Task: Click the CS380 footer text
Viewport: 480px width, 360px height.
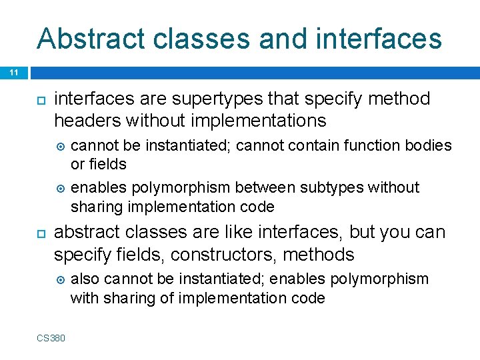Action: pos(51,338)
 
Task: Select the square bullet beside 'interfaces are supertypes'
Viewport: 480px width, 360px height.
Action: pos(40,100)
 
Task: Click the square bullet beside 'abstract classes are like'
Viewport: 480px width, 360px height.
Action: pos(40,233)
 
